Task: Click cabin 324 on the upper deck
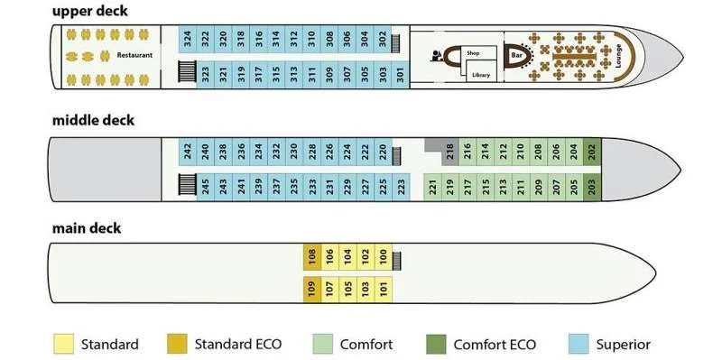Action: click(x=188, y=39)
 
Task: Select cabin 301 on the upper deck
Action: click(x=401, y=75)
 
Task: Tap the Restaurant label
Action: click(x=134, y=55)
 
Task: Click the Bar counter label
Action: click(x=515, y=56)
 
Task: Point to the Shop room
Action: click(x=480, y=54)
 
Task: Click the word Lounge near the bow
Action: click(x=618, y=56)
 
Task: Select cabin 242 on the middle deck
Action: click(x=188, y=152)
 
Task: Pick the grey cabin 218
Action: click(x=449, y=152)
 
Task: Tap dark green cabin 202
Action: click(x=592, y=152)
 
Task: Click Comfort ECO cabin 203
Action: click(x=592, y=187)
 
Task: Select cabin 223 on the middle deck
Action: click(x=401, y=187)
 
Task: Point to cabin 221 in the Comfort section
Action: click(x=432, y=187)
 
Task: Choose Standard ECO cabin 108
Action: click(x=312, y=257)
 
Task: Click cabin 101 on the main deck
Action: click(x=384, y=290)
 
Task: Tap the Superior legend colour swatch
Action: click(x=579, y=344)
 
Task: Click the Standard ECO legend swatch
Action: click(x=177, y=344)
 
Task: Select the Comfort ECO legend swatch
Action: click(x=436, y=344)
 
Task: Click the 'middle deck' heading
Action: click(x=94, y=121)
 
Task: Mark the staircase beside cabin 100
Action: click(x=396, y=261)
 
